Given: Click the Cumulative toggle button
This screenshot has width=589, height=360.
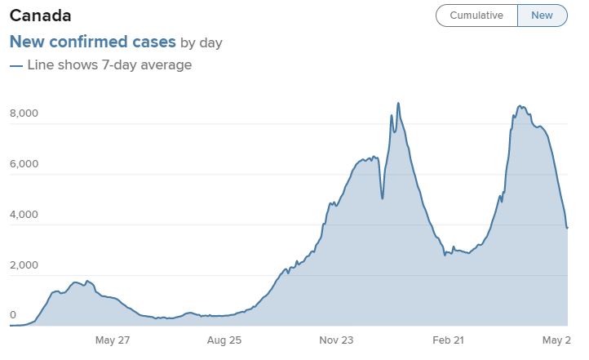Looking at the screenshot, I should (476, 16).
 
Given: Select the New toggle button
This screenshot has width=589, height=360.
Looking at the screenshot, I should (542, 16).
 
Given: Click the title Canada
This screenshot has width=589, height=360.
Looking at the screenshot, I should (40, 16).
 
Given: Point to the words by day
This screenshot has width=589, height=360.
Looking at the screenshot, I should (201, 42).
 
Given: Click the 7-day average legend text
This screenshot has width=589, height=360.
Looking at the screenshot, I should (110, 64).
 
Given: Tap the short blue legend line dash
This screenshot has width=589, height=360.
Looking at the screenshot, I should (15, 65).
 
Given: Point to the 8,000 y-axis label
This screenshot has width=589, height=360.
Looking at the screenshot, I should (24, 113).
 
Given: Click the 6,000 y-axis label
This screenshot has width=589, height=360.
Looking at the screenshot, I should (24, 164).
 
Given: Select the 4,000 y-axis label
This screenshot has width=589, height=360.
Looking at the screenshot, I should (24, 215).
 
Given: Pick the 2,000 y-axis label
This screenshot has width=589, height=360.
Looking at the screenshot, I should (24, 265).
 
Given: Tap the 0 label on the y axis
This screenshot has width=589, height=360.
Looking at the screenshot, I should (12, 315).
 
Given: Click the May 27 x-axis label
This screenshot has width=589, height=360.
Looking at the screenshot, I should (113, 339).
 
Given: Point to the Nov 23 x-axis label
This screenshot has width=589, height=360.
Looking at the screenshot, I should (337, 339).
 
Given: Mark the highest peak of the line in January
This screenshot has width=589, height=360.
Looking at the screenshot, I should (398, 103).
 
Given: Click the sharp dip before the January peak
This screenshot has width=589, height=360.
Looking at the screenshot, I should (383, 198).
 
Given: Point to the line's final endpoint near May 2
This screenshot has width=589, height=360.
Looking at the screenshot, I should (567, 228).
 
